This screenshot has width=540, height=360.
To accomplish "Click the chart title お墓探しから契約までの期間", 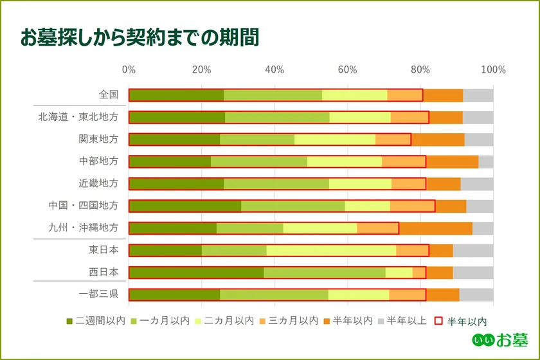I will (x=139, y=37).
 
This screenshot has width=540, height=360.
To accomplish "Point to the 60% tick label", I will (x=348, y=69).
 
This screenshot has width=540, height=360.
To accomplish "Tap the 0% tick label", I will (x=129, y=69).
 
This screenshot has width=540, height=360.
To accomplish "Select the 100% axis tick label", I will (x=493, y=69).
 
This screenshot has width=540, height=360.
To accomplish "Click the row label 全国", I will (x=109, y=94).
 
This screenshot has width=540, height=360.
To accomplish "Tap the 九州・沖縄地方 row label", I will (x=84, y=228).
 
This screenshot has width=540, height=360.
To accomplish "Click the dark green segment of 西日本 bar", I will (x=196, y=273).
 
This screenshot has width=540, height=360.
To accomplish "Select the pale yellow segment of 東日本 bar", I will (x=331, y=250).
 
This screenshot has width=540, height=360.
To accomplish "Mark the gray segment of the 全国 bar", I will (x=478, y=95).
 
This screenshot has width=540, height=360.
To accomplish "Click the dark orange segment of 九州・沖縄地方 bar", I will (x=435, y=228).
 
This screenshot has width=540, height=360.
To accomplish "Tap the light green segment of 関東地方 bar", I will (x=257, y=139).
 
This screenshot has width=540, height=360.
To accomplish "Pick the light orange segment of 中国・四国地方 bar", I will (x=412, y=206).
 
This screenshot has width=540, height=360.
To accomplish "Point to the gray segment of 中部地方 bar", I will (x=485, y=161).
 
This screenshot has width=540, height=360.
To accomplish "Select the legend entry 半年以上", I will (x=403, y=320).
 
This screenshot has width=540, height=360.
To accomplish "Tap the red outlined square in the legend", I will (x=440, y=320).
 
